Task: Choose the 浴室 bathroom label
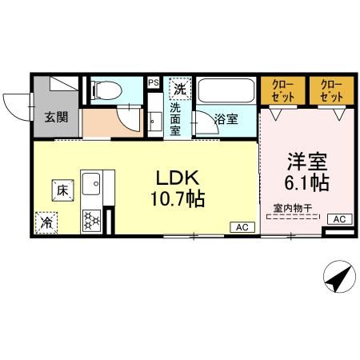[226, 119]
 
